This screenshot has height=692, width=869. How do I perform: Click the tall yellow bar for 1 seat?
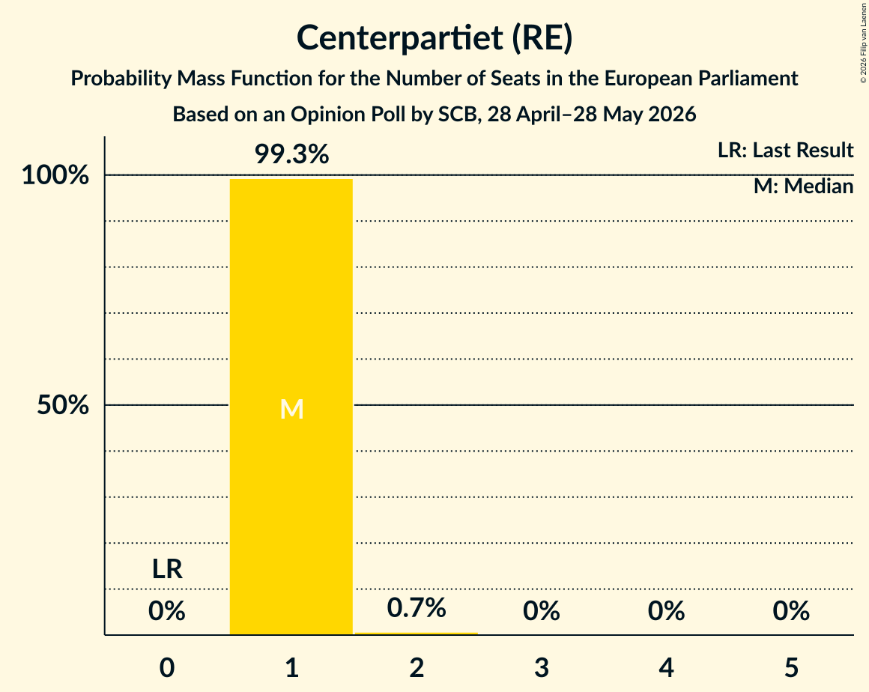pyautogui.click(x=291, y=407)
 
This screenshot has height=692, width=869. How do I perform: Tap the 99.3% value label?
pyautogui.click(x=291, y=154)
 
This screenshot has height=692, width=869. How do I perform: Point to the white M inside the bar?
pyautogui.click(x=291, y=410)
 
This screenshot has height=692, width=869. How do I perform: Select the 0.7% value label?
pyautogui.click(x=417, y=608)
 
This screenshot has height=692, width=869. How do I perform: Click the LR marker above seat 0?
pyautogui.click(x=167, y=569)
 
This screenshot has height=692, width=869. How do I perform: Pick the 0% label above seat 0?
pyautogui.click(x=166, y=611)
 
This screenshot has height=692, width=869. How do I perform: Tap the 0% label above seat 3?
pyautogui.click(x=542, y=611)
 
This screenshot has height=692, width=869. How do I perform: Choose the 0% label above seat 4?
pyautogui.click(x=666, y=611)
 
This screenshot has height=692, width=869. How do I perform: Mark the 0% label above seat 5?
pyautogui.click(x=791, y=611)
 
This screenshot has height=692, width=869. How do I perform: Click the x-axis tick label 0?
pyautogui.click(x=167, y=667)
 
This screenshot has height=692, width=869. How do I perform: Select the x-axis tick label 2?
pyautogui.click(x=417, y=667)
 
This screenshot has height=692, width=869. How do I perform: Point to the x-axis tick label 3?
pyautogui.click(x=542, y=667)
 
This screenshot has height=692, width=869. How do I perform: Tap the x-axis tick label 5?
pyautogui.click(x=791, y=667)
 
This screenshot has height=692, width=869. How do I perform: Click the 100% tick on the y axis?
pyautogui.click(x=55, y=175)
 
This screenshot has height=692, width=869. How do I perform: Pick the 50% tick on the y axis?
pyautogui.click(x=63, y=406)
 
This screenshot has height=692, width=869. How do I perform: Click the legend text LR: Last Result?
pyautogui.click(x=785, y=150)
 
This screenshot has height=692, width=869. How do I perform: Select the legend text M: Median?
pyautogui.click(x=804, y=186)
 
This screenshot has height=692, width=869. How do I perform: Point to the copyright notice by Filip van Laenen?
pyautogui.click(x=863, y=43)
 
